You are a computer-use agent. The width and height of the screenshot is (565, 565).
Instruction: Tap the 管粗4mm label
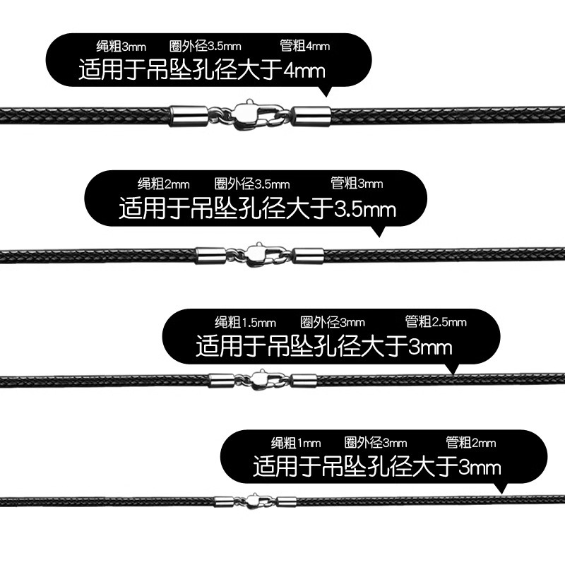pyautogui.click(x=305, y=47)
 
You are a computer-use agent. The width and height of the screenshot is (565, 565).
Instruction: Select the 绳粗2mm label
pyautogui.click(x=163, y=184)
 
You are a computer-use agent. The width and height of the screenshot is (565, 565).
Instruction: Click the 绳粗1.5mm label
pyautogui.click(x=245, y=323)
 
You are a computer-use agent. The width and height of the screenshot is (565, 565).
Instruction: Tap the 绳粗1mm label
pyautogui.click(x=296, y=444)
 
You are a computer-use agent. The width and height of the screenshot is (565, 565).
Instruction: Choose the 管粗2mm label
pyautogui.click(x=471, y=444)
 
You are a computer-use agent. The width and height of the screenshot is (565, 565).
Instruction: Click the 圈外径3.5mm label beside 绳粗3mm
pyautogui.click(x=206, y=47)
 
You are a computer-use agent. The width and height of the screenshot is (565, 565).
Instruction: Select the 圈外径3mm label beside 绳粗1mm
pyautogui.click(x=376, y=444)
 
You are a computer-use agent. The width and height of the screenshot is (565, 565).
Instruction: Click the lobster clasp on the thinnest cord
pyautogui.click(x=256, y=500)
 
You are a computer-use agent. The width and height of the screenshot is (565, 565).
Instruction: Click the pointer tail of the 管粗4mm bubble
pyautogui.click(x=326, y=91)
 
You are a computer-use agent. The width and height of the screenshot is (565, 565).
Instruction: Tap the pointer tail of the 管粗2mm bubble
pyautogui.click(x=502, y=487)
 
